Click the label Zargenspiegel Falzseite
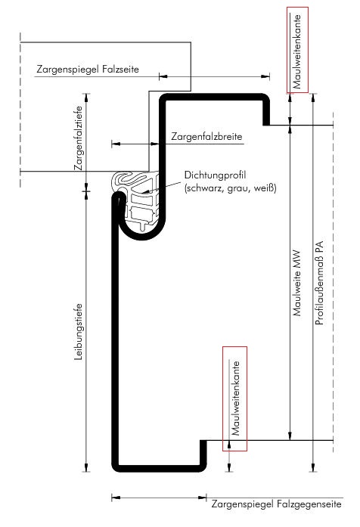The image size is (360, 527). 88,70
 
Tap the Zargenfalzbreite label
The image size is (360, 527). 206,136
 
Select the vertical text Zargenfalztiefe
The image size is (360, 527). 79,138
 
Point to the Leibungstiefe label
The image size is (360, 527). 79,332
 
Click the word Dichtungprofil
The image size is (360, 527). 215,175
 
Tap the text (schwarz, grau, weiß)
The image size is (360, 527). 230,188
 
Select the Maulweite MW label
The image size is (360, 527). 296,283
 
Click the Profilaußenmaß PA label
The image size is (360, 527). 319,283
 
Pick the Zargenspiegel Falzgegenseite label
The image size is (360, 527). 276,504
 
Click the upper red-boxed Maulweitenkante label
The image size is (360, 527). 296,51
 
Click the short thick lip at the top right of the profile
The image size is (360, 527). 266,113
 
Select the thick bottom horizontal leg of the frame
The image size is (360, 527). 159,469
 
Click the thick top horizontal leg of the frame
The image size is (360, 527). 214,97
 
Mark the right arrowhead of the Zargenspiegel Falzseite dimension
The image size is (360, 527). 265,76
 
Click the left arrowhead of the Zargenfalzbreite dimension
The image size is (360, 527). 116,144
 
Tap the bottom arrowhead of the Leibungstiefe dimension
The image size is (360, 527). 86,467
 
